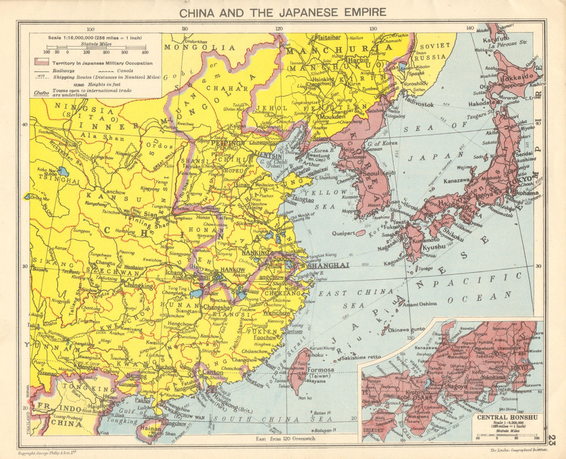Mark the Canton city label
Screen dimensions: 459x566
213,373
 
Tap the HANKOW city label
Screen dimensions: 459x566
233,270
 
